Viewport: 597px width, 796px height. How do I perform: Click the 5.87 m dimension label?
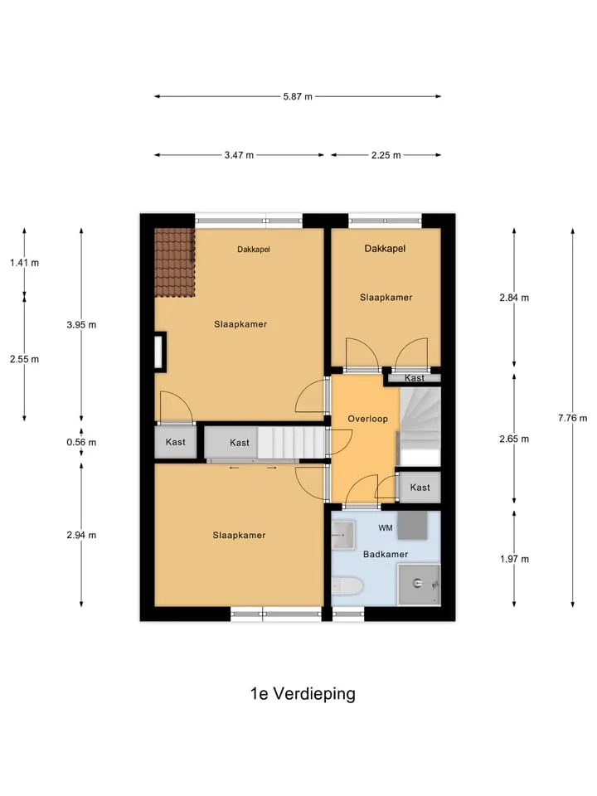[x=298, y=96]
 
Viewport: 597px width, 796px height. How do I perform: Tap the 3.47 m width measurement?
[x=239, y=155]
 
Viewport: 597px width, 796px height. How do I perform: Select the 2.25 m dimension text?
[x=386, y=155]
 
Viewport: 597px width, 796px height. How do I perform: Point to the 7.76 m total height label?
[x=573, y=418]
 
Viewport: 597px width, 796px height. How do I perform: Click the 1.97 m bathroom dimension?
[x=514, y=559]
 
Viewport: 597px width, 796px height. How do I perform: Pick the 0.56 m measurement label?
[x=81, y=442]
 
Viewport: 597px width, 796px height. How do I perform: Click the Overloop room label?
[x=367, y=419]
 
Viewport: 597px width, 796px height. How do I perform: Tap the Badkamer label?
[x=386, y=555]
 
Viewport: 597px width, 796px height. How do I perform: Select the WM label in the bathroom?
[x=386, y=528]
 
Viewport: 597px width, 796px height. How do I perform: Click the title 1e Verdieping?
[x=303, y=694]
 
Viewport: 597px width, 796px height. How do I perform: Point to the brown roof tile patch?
[x=175, y=263]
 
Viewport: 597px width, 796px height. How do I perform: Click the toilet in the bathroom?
[x=347, y=586]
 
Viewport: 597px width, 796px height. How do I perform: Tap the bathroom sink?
[x=343, y=535]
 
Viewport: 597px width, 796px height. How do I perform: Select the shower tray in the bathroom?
[x=419, y=585]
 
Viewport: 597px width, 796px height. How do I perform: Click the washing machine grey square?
[x=412, y=525]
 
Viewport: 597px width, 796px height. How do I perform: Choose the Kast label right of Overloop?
[x=420, y=488]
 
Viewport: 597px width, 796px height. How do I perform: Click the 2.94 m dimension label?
[x=81, y=535]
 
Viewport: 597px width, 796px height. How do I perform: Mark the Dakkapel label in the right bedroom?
[x=385, y=249]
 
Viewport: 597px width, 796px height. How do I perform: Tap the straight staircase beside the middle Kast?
[x=291, y=442]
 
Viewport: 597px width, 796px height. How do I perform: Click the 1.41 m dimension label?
[x=24, y=263]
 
